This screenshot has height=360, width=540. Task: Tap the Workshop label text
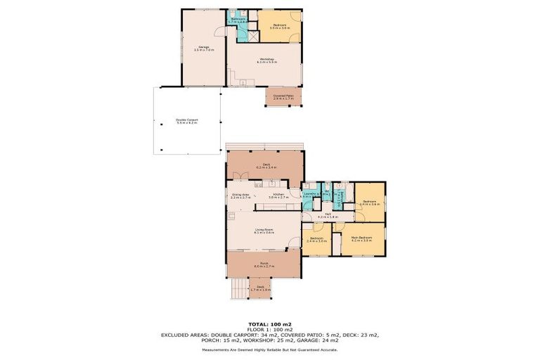266,60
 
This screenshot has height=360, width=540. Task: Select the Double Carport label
186,122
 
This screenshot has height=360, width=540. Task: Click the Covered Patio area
283,96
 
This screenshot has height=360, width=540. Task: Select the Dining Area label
240,196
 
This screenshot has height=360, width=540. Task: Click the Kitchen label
278,196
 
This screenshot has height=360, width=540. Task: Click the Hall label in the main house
328,216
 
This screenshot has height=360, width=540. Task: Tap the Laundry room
310,195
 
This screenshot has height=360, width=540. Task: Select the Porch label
264,266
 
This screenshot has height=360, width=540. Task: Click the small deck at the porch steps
261,288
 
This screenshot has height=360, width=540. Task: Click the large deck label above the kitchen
266,166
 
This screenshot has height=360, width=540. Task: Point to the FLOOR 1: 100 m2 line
270,329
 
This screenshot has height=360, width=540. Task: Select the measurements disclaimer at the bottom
270,349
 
